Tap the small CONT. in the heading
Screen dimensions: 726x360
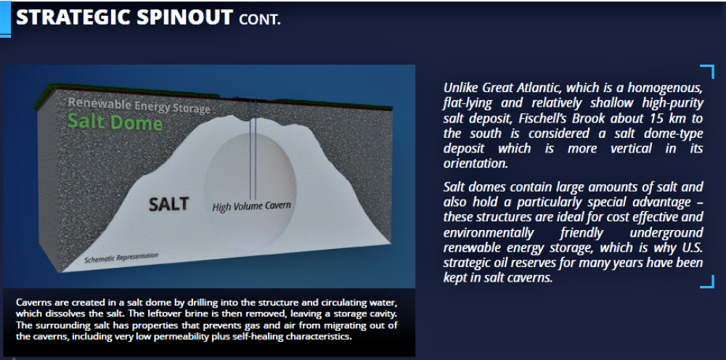(x=260, y=20)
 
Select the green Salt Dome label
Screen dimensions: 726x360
(x=115, y=123)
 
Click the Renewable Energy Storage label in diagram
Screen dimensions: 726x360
(x=139, y=105)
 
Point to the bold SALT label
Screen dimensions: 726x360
(x=168, y=204)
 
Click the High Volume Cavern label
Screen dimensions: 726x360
(x=251, y=206)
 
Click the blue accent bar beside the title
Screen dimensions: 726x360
(x=5, y=19)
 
